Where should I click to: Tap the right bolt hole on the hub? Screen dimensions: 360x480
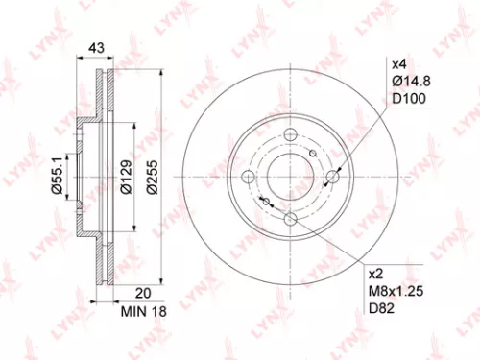334,176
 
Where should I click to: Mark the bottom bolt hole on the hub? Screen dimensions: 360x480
290,220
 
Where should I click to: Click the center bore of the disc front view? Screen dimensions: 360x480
290,176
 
